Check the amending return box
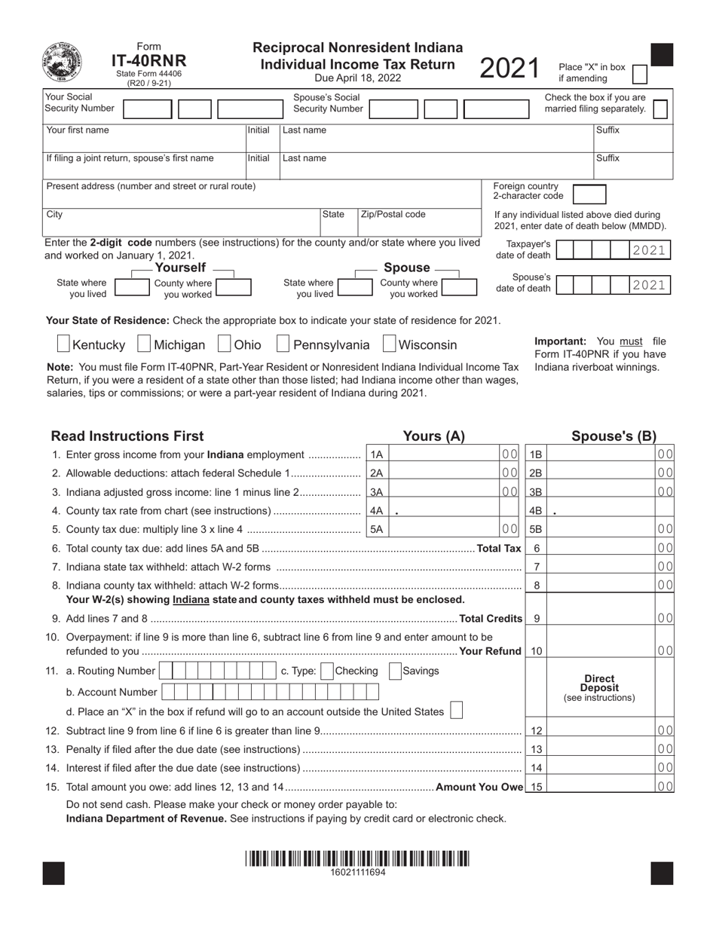pos(639,73)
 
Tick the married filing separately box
pos(659,109)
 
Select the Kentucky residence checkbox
pos(64,344)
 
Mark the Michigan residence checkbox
pos(144,344)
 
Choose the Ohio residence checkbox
pos(224,344)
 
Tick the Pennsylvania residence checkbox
pos(283,344)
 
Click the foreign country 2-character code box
pos(589,194)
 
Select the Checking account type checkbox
pos(327,671)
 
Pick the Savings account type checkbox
pos(394,671)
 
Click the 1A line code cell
pos(377,454)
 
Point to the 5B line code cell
pos(535,529)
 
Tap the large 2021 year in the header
pos(509,69)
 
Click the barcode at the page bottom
pos(357,858)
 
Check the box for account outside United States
pos(456,711)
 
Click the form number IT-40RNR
pos(149,61)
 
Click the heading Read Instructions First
pos(127,436)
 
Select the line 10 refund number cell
pos(536,650)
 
